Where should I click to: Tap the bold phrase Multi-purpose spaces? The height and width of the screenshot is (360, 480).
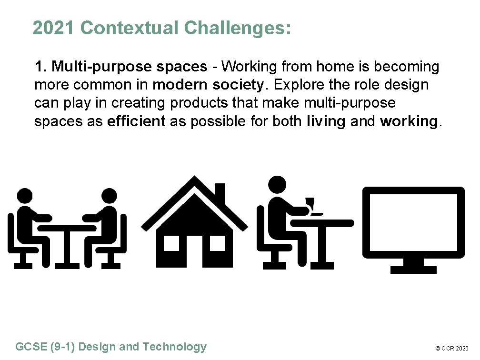129,67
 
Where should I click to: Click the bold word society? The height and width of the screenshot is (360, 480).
238,85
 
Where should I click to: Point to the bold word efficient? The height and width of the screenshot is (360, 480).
136,121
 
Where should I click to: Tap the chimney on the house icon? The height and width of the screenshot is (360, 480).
220,192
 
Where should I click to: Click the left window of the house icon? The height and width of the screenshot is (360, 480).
171,243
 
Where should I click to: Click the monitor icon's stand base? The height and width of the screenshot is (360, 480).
413,270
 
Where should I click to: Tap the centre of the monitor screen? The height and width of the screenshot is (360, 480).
413,221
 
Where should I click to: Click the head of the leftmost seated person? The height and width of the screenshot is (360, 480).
24,196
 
